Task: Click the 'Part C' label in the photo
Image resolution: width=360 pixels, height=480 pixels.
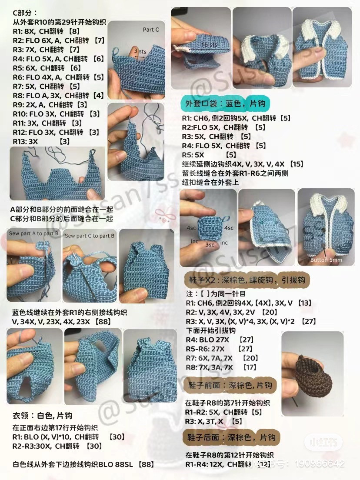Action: click(151, 30)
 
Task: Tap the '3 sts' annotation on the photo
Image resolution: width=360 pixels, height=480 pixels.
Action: click(140, 51)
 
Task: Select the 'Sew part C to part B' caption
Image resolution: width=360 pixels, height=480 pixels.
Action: click(90, 236)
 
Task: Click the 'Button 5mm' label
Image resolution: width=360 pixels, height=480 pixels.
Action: click(326, 260)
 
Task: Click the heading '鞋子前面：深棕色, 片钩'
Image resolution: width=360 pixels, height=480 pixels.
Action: click(230, 385)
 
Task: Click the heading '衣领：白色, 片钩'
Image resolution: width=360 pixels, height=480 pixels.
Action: click(43, 415)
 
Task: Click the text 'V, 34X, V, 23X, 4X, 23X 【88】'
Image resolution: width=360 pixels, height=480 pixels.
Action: click(61, 321)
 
